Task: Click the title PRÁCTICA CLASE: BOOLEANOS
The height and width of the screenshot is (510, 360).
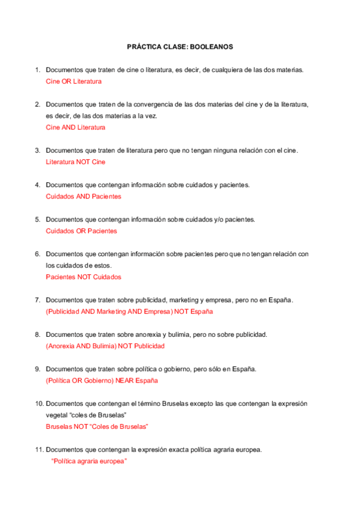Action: (180, 46)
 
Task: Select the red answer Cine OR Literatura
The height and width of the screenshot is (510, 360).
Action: (73, 81)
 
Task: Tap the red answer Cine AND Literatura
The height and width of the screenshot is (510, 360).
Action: (75, 127)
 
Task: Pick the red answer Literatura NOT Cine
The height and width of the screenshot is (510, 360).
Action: (75, 162)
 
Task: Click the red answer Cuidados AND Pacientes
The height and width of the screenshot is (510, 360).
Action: (83, 197)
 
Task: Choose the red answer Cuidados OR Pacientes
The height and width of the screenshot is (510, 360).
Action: (81, 231)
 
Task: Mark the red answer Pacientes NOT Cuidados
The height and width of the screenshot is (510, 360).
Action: (83, 277)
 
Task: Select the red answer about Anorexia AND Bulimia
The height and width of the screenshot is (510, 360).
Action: (105, 346)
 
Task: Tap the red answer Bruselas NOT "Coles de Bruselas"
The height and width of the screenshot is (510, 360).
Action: (97, 427)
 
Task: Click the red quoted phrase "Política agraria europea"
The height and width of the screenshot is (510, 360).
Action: (88, 461)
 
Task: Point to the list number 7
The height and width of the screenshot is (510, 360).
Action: (37, 300)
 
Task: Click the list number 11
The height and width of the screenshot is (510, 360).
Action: (38, 450)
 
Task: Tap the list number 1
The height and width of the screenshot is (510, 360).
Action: (37, 70)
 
